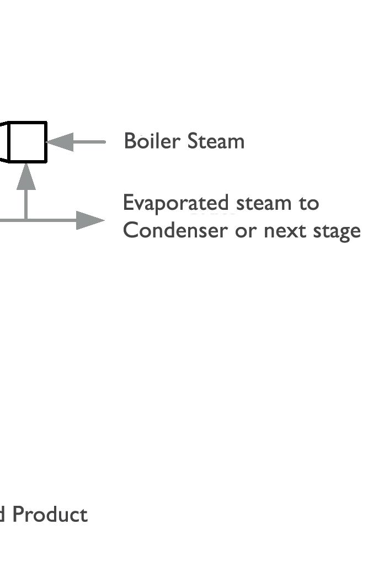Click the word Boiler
(152, 141)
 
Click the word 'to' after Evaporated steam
(309, 203)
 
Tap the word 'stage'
(337, 231)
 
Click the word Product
(50, 515)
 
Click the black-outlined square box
(27, 142)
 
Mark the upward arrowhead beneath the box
(26, 177)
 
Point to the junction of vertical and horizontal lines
(26, 220)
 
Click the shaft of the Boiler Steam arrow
(89, 142)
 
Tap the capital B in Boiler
(130, 141)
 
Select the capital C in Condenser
(130, 230)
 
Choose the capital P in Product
(18, 515)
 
